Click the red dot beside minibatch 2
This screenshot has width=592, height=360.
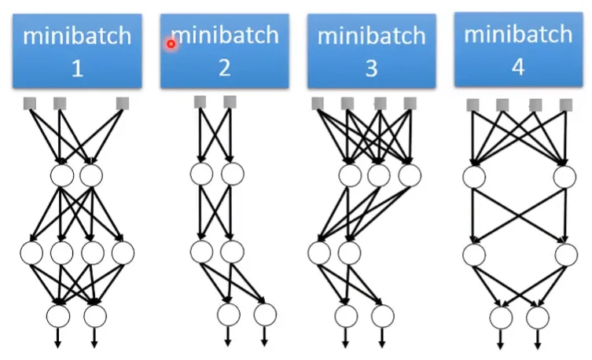pyautogui.click(x=171, y=43)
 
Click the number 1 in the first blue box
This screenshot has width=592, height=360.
pyautogui.click(x=77, y=68)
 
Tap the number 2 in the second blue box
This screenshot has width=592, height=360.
pyautogui.click(x=225, y=68)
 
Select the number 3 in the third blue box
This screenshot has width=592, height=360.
pyautogui.click(x=371, y=68)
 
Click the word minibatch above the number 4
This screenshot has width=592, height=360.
pyautogui.click(x=517, y=35)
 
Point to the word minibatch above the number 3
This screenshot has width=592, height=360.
pyautogui.click(x=371, y=36)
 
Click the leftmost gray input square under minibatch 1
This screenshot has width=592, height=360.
pyautogui.click(x=30, y=103)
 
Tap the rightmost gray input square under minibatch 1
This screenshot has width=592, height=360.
pyautogui.click(x=122, y=103)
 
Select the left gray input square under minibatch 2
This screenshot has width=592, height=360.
pyautogui.click(x=200, y=101)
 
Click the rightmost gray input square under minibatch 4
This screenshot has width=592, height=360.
pyautogui.click(x=564, y=105)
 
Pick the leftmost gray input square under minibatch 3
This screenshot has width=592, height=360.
pyautogui.click(x=318, y=103)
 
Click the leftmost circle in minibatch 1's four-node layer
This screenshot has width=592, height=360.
pyautogui.click(x=32, y=253)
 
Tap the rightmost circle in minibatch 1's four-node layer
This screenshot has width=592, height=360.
pyautogui.click(x=122, y=253)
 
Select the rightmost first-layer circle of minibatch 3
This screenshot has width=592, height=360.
pyautogui.click(x=408, y=175)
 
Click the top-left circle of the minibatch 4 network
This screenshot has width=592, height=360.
pyautogui.click(x=473, y=176)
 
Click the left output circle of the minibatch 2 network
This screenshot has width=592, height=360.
pyautogui.click(x=229, y=314)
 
